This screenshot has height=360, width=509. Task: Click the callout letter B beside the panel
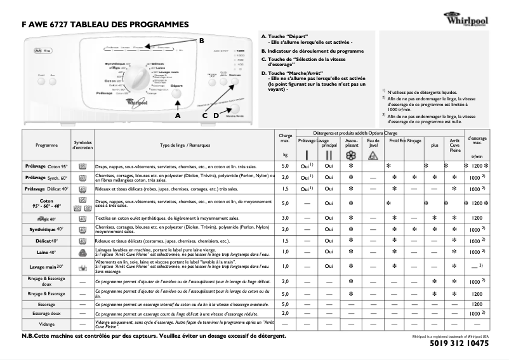pyautogui.click(x=202, y=40)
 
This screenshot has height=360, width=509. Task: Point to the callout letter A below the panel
pyautogui.click(x=178, y=116)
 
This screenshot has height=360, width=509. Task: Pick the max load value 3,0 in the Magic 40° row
pyautogui.click(x=285, y=218)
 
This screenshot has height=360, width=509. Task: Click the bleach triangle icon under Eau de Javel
pyautogui.click(x=373, y=155)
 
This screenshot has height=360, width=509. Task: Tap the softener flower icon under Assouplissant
pyautogui.click(x=351, y=155)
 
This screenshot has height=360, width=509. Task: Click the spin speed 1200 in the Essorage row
pyautogui.click(x=477, y=305)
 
